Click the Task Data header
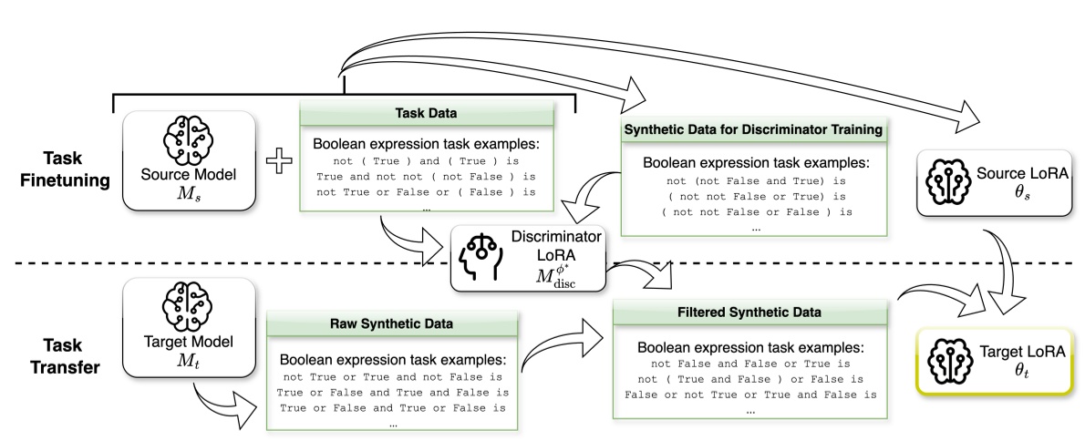[x=428, y=116]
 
